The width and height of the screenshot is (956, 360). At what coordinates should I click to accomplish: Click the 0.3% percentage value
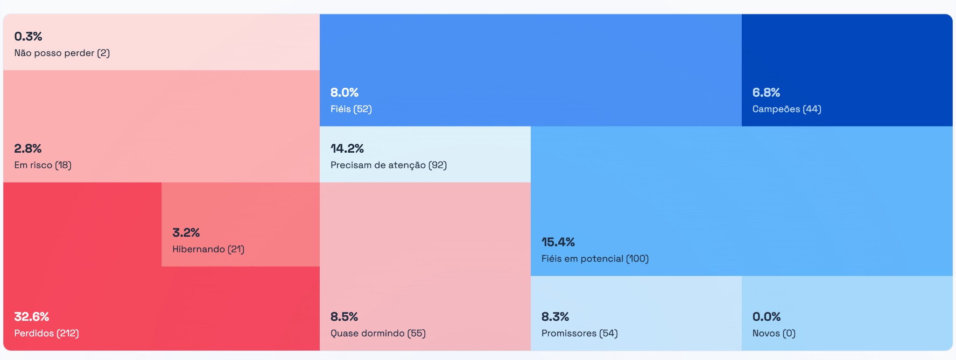[28, 36]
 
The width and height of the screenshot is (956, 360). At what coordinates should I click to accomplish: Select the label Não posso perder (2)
[62, 53]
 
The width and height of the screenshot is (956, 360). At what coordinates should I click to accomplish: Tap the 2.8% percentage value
[28, 148]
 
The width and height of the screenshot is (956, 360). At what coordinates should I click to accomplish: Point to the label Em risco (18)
[42, 165]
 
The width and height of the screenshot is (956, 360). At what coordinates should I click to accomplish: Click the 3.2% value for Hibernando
[186, 233]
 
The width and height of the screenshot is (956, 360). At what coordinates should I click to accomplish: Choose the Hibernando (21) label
[208, 249]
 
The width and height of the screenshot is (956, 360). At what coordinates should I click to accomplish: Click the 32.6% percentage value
[31, 317]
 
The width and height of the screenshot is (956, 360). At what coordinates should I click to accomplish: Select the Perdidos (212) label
[46, 333]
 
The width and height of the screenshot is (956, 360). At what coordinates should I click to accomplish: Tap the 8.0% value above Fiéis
[344, 92]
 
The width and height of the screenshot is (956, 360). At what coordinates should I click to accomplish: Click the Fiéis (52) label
[351, 109]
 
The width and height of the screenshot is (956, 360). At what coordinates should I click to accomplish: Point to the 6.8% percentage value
[766, 92]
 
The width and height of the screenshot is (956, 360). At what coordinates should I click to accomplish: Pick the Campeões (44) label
[787, 109]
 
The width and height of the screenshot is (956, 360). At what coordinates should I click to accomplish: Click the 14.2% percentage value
[347, 148]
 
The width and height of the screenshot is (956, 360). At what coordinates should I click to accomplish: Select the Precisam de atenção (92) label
[388, 165]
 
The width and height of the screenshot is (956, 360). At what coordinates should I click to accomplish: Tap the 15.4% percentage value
[558, 242]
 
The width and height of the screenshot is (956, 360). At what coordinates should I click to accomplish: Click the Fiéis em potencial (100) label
[595, 258]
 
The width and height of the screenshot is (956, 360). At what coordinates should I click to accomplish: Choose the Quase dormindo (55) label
[378, 333]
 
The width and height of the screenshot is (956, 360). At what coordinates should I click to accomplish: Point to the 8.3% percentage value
[555, 317]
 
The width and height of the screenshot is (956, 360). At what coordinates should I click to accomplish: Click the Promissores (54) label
[579, 333]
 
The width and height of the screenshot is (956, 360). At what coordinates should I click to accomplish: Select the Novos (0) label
[773, 333]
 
